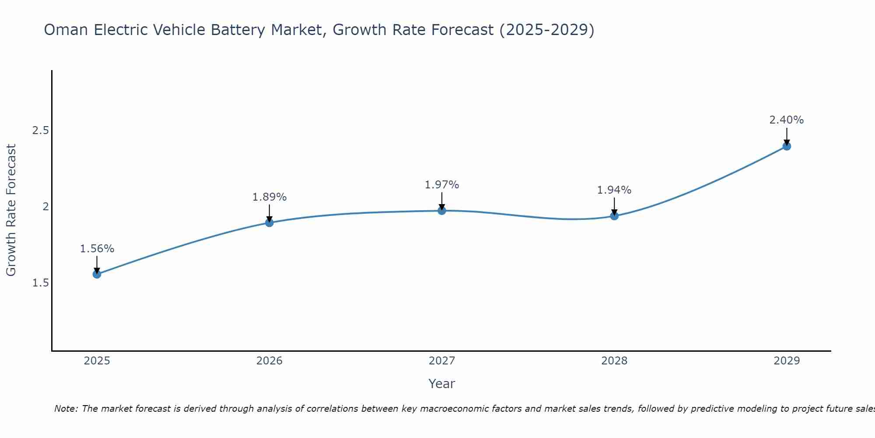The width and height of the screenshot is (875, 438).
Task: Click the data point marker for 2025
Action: click(x=97, y=274)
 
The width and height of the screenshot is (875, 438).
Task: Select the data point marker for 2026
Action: click(x=269, y=223)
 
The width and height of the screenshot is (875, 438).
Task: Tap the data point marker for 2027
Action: click(x=442, y=211)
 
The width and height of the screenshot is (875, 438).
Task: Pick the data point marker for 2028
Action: click(x=614, y=216)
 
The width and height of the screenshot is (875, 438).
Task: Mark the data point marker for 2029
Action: click(x=787, y=146)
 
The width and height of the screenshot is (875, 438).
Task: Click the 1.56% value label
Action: click(x=97, y=249)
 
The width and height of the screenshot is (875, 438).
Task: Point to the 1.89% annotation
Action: click(x=269, y=197)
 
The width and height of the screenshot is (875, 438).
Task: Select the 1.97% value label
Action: click(x=442, y=185)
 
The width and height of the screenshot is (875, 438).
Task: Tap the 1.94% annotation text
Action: click(x=614, y=190)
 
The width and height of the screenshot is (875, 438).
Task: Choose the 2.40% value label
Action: click(x=787, y=120)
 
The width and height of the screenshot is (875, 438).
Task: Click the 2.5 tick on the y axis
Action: click(x=41, y=131)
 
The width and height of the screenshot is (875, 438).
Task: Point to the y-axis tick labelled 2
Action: click(x=45, y=206)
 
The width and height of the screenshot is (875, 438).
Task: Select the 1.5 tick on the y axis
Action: click(x=41, y=283)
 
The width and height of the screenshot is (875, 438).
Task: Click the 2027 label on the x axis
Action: click(x=442, y=361)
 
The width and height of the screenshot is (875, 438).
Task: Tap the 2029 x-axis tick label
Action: click(x=787, y=361)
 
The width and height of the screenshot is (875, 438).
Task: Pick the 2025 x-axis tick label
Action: click(x=97, y=361)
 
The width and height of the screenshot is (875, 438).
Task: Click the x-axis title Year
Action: click(x=442, y=384)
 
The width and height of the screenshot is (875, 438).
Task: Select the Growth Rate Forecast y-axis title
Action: click(x=11, y=210)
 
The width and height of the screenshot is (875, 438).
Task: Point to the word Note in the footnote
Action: click(x=66, y=409)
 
